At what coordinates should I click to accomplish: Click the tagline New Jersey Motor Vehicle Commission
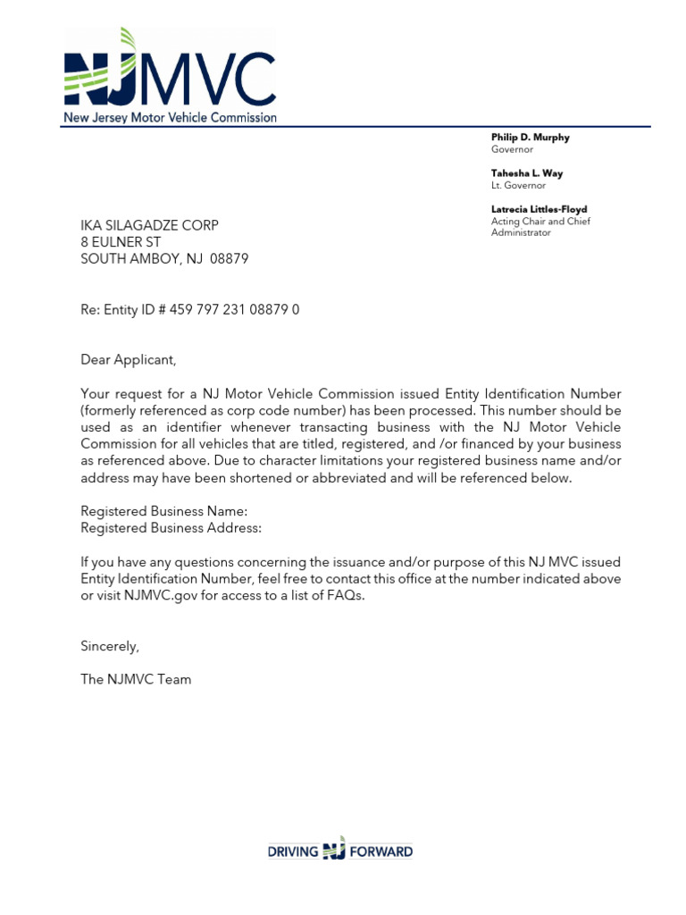pyautogui.click(x=170, y=117)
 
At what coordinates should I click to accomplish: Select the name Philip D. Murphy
pyautogui.click(x=530, y=138)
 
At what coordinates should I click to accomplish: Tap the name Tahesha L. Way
pyautogui.click(x=527, y=173)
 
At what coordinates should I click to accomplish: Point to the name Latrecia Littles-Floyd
pyautogui.click(x=539, y=209)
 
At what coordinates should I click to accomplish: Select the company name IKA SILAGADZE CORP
pyautogui.click(x=149, y=225)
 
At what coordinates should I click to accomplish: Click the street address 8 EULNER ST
pyautogui.click(x=121, y=242)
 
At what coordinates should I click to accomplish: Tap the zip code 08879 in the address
pyautogui.click(x=230, y=259)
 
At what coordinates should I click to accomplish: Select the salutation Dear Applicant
pyautogui.click(x=129, y=360)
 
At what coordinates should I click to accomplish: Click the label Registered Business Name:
pyautogui.click(x=164, y=511)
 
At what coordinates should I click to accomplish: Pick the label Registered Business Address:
pyautogui.click(x=171, y=528)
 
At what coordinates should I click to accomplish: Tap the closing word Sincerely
pyautogui.click(x=110, y=646)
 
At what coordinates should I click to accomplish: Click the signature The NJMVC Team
pyautogui.click(x=136, y=679)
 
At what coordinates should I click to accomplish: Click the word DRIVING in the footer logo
pyautogui.click(x=293, y=852)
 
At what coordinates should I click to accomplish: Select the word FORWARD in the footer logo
pyautogui.click(x=381, y=852)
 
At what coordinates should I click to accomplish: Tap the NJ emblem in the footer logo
pyautogui.click(x=333, y=850)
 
